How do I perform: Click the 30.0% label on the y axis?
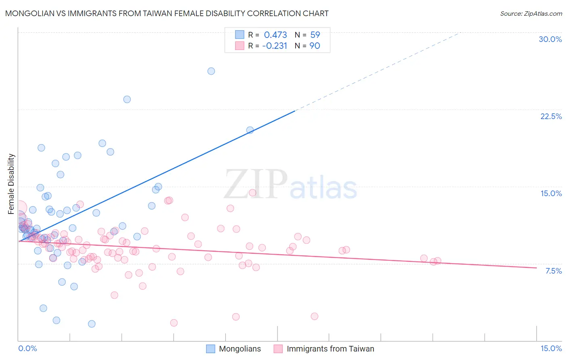coord(550,39)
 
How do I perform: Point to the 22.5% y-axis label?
coord(551,116)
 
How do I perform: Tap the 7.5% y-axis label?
coord(553,271)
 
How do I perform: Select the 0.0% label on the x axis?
coord(27,348)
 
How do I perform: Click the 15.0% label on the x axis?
coord(551,348)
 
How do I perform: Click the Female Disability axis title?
coord(11,184)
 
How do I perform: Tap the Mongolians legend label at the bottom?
coord(240,349)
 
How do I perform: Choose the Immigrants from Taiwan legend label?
coord(330,349)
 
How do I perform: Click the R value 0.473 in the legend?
coord(275,35)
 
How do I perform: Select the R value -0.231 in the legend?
coord(274,46)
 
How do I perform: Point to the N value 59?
coord(315,35)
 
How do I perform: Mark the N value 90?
coord(315,46)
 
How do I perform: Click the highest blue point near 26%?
coord(211,71)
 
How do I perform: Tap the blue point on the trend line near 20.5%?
coord(250,130)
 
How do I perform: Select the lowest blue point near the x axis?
coord(92,324)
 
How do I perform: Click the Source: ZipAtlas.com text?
coord(531,13)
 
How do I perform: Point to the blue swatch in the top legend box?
coord(240,35)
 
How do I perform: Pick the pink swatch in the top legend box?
coord(240,46)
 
